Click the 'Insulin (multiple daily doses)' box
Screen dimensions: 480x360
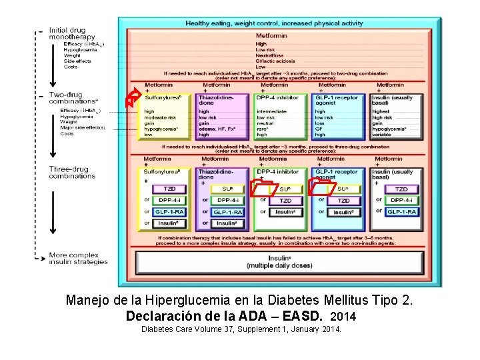(269, 261)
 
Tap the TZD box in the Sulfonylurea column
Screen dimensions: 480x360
(169, 189)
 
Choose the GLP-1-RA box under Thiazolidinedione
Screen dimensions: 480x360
(227, 212)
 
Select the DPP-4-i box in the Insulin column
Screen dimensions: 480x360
(401, 200)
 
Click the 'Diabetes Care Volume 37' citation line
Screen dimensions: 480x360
(241, 329)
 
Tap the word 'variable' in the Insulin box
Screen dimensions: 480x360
(383, 135)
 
